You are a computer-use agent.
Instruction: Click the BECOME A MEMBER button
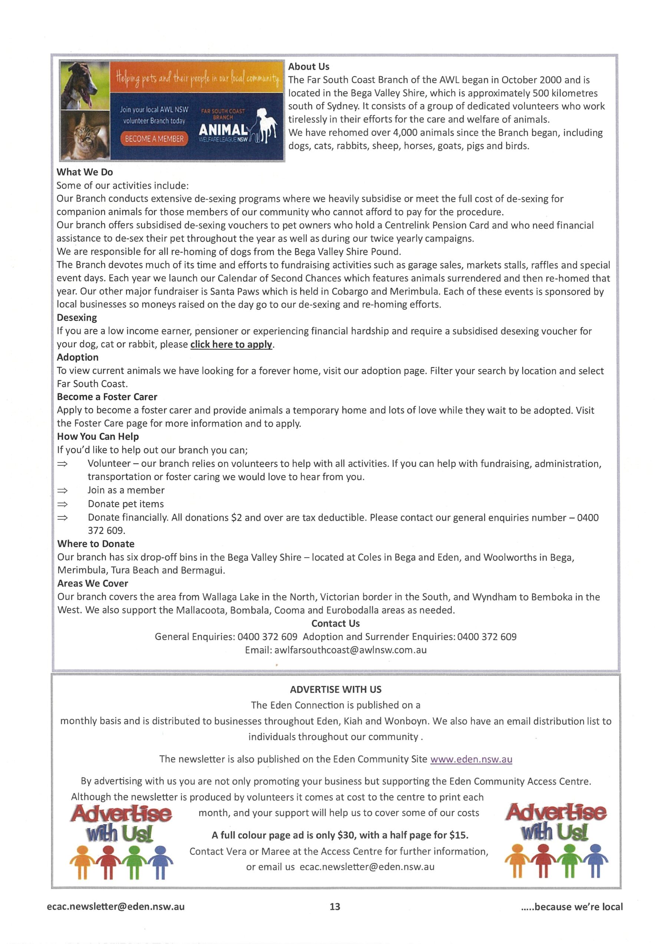tap(154, 139)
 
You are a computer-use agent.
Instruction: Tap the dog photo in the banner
tap(85, 85)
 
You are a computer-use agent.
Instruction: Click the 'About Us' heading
tap(308, 67)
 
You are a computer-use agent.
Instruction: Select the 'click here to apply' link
tap(231, 344)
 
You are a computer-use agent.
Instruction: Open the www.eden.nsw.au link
tap(471, 759)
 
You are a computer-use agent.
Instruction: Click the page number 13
tap(335, 907)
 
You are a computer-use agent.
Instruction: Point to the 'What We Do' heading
tap(85, 172)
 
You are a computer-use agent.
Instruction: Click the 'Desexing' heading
tap(77, 318)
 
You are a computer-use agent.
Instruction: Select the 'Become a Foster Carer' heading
tap(107, 397)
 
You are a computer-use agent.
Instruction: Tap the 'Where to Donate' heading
tap(96, 544)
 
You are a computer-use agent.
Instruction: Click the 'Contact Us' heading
tap(335, 623)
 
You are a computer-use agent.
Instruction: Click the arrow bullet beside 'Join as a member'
tap(62, 490)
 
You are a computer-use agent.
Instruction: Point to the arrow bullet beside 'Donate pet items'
tap(62, 504)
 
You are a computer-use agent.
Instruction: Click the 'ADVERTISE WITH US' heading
tap(335, 689)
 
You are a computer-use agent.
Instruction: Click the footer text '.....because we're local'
tap(572, 907)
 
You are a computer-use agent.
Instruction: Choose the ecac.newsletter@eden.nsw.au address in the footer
tap(116, 907)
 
